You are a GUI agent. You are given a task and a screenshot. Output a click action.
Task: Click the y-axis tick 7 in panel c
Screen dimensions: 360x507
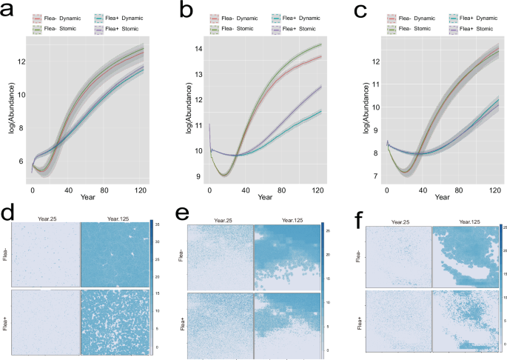tap(376, 176)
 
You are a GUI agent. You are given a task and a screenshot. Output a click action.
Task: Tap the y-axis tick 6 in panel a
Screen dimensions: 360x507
tap(22, 161)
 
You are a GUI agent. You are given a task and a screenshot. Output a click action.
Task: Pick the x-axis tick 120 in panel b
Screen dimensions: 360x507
tap(316, 191)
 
